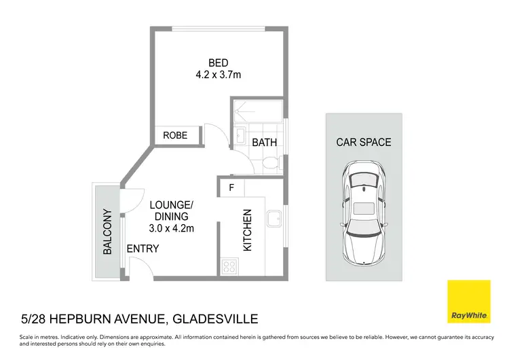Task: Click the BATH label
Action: coord(263,143)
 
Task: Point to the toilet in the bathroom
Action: coord(270,162)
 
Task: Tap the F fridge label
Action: coord(231,187)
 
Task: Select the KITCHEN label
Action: coord(247,230)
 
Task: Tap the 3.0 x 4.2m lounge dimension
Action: coord(172,228)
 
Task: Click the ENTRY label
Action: coord(143,249)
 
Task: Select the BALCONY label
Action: coord(107,232)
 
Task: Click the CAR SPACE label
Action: coord(364,142)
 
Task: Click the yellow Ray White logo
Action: coord(468,302)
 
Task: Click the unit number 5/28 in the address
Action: coord(34,319)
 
